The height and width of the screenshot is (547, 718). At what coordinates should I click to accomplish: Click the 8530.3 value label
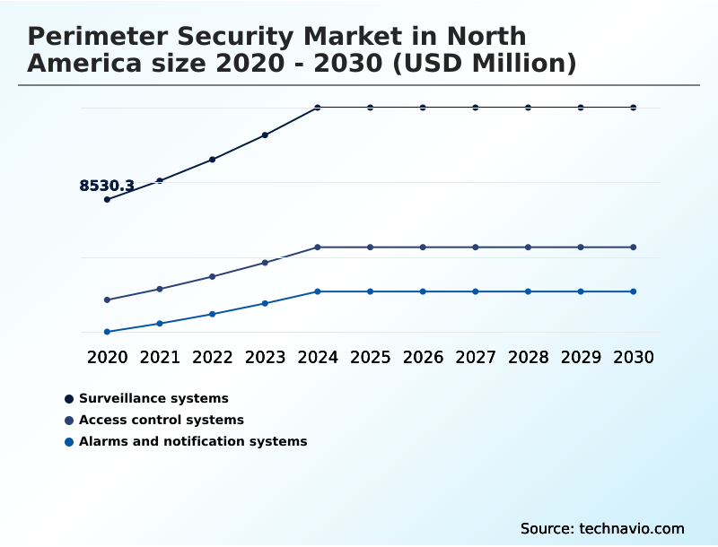pyautogui.click(x=107, y=187)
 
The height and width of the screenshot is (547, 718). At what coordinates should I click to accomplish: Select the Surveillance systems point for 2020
pyautogui.click(x=107, y=199)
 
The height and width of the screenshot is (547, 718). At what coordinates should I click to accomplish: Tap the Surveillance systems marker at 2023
pyautogui.click(x=265, y=135)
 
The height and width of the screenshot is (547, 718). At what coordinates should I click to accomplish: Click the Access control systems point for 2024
pyautogui.click(x=318, y=247)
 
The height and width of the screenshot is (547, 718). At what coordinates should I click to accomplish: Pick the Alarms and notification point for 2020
pyautogui.click(x=107, y=332)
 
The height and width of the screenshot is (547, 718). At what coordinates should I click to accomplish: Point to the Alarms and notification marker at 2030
pyautogui.click(x=634, y=291)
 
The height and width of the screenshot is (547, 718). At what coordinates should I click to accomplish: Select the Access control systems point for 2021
pyautogui.click(x=160, y=289)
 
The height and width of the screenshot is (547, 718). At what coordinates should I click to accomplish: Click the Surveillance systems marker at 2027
pyautogui.click(x=476, y=108)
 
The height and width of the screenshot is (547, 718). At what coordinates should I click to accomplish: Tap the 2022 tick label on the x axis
pyautogui.click(x=213, y=357)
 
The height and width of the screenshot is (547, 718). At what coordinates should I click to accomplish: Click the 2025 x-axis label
pyautogui.click(x=371, y=357)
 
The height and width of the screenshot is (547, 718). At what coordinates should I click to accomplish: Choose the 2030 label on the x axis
pyautogui.click(x=634, y=357)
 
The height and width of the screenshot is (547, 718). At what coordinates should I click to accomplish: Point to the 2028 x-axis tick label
pyautogui.click(x=528, y=357)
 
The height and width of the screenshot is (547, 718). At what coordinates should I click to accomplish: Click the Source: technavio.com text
pyautogui.click(x=602, y=528)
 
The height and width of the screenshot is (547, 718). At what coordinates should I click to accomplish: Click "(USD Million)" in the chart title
pyautogui.click(x=486, y=64)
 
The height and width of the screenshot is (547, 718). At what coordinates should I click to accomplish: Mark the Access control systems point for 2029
pyautogui.click(x=581, y=247)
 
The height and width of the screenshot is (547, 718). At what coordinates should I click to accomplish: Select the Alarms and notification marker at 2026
pyautogui.click(x=423, y=291)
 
